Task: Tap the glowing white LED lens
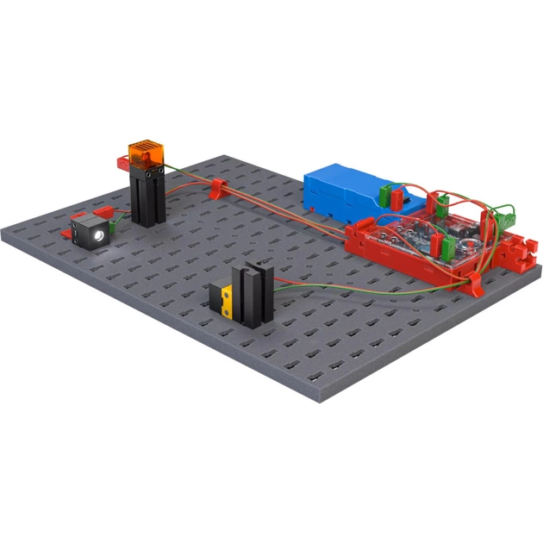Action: point(100,234)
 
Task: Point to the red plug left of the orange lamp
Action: point(121,160)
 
